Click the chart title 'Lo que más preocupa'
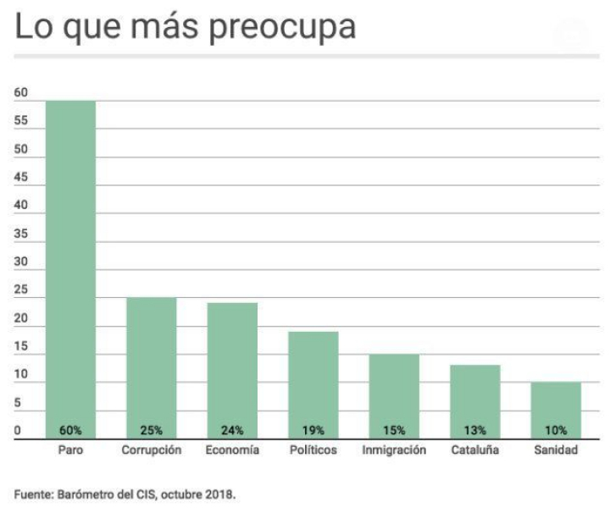coord(186,28)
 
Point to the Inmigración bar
coord(394,389)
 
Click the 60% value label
coord(70,430)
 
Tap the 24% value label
coord(232,430)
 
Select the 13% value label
coord(474,430)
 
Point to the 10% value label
coord(556,430)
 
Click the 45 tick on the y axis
coord(21,178)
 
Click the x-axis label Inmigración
coord(394,450)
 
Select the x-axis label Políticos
coord(313,450)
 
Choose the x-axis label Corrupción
coord(152,450)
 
